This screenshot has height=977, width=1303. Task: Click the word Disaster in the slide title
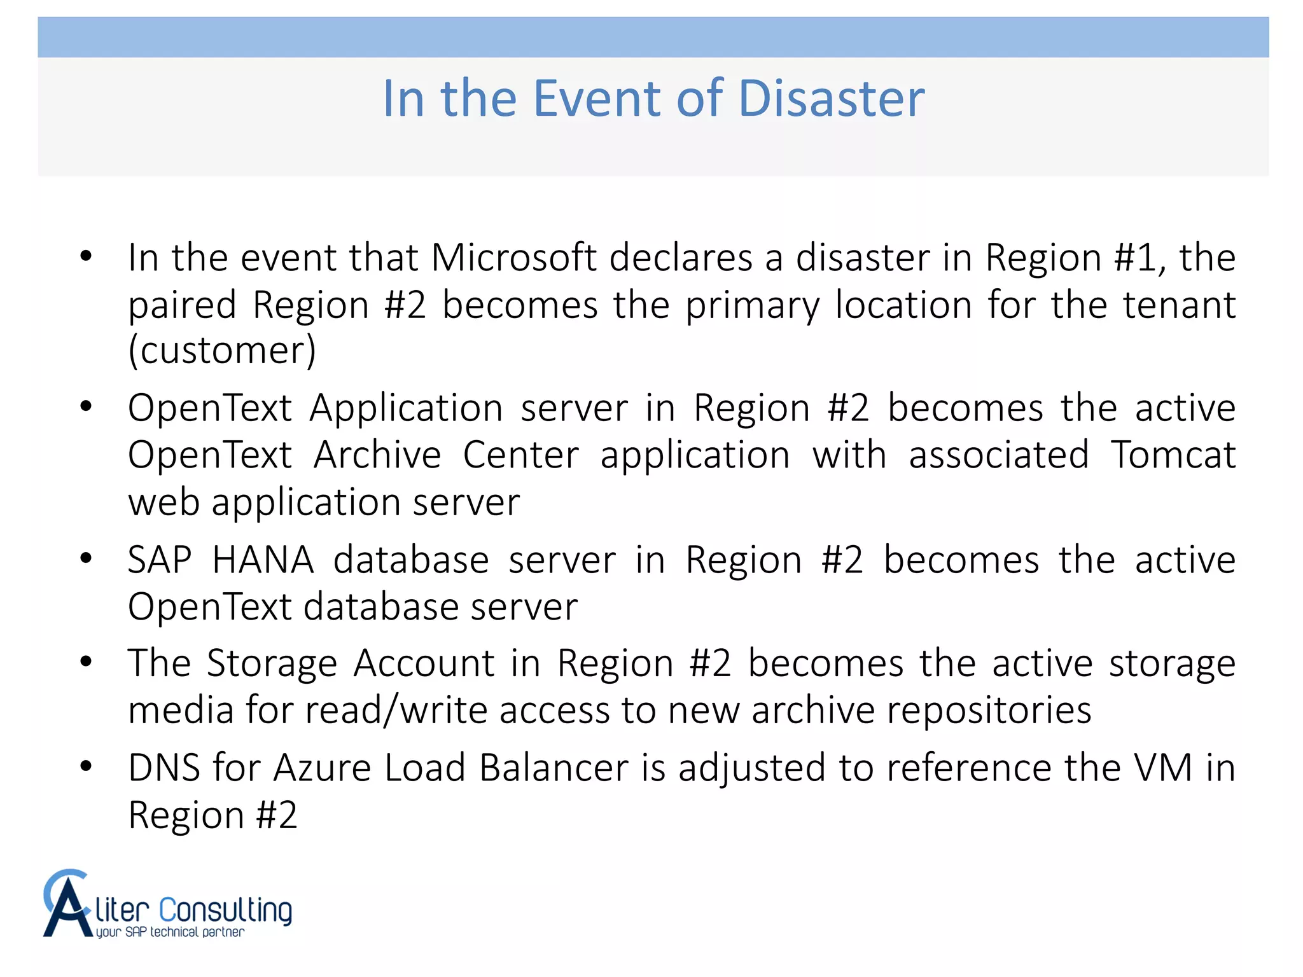831,99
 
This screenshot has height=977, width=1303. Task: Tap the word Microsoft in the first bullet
514,258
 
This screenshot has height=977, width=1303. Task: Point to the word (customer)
222,351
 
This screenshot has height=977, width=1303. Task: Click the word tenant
1179,305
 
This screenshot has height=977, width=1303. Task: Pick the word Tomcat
1173,455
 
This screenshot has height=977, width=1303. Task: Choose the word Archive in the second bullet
377,455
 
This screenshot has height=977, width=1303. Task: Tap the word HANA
263,560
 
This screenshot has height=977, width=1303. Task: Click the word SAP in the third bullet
159,560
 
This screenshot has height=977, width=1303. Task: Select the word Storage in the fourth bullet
272,663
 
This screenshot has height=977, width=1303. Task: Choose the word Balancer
554,768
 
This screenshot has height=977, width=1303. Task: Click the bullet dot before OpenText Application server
87,406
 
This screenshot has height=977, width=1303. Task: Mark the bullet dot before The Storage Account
87,662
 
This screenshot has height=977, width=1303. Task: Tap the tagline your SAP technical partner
170,932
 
